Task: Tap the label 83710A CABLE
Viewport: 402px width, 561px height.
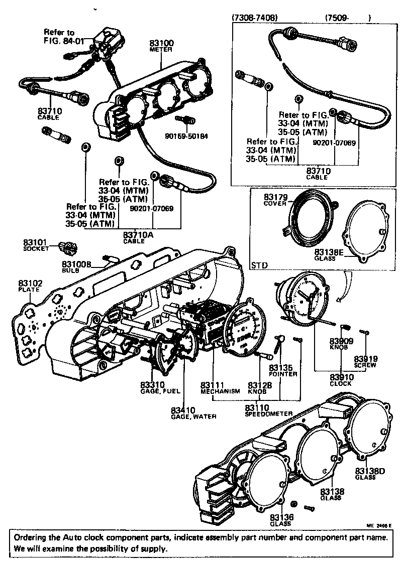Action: (138, 236)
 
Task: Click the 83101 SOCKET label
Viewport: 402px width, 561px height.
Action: (35, 245)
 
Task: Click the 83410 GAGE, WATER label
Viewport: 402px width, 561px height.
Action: (193, 412)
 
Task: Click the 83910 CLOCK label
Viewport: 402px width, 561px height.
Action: (341, 379)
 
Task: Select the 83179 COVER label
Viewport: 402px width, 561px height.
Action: (275, 201)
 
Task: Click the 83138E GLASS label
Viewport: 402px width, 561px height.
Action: (329, 254)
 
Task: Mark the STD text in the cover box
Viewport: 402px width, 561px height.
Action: (259, 264)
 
